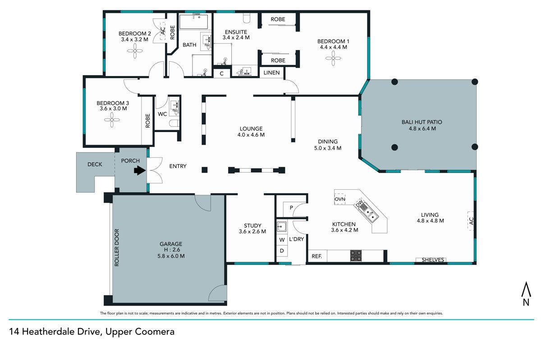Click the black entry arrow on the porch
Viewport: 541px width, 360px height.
pyautogui.click(x=140, y=170)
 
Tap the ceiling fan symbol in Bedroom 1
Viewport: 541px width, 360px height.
pyautogui.click(x=333, y=58)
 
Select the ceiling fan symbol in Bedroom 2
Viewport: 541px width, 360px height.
pyautogui.click(x=135, y=51)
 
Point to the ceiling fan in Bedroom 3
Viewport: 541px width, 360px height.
pyautogui.click(x=112, y=120)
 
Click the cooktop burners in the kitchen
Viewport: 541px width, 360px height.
pyautogui.click(x=356, y=256)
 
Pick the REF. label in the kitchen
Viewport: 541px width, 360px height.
pyautogui.click(x=316, y=256)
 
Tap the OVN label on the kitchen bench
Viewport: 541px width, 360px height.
pyautogui.click(x=340, y=199)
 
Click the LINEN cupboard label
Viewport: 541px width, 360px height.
pyautogui.click(x=271, y=73)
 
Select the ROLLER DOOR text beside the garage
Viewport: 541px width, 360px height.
pyautogui.click(x=117, y=247)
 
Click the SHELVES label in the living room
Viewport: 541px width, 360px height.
pyautogui.click(x=433, y=260)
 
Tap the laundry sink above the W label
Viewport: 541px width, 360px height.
pyautogui.click(x=281, y=227)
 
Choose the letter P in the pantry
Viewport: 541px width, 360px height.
pyautogui.click(x=291, y=207)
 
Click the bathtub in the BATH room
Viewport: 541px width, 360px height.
pyautogui.click(x=193, y=22)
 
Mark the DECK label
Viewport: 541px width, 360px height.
pyautogui.click(x=95, y=164)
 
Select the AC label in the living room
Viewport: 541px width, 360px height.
pyautogui.click(x=471, y=221)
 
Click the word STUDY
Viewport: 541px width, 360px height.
pyautogui.click(x=252, y=226)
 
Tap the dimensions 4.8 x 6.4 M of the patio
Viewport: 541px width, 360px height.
pyautogui.click(x=422, y=128)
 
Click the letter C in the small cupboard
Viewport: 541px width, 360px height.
pyautogui.click(x=221, y=73)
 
